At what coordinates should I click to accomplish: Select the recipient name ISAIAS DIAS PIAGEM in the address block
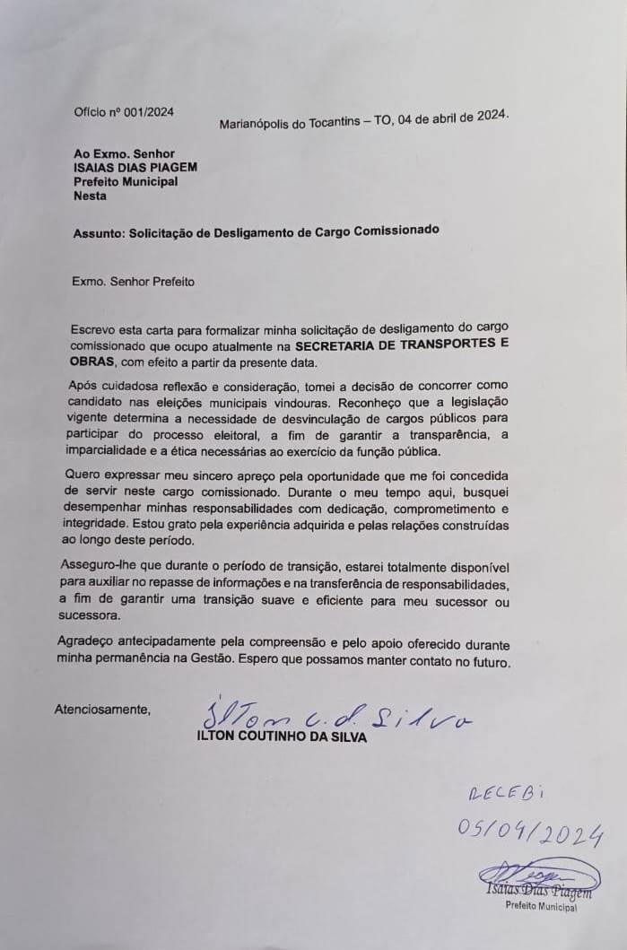(x=135, y=167)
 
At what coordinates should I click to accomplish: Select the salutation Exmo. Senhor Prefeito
(x=133, y=281)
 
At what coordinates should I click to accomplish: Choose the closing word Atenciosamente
(x=102, y=710)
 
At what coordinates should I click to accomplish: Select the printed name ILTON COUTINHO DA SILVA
(x=281, y=736)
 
